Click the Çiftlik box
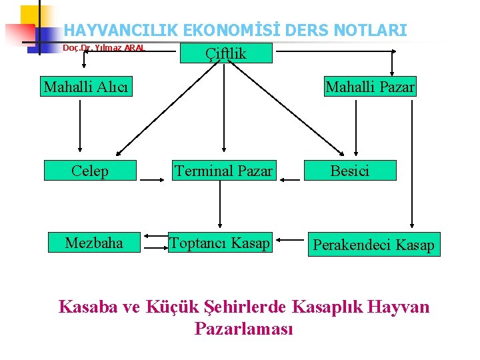225,53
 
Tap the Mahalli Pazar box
370,87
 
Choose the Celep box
90,171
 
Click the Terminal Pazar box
223,171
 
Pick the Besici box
351,171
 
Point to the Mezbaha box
94,243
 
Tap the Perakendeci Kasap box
373,245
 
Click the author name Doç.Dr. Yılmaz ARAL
103,48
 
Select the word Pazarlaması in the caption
243,329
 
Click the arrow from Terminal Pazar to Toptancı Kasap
220,207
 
